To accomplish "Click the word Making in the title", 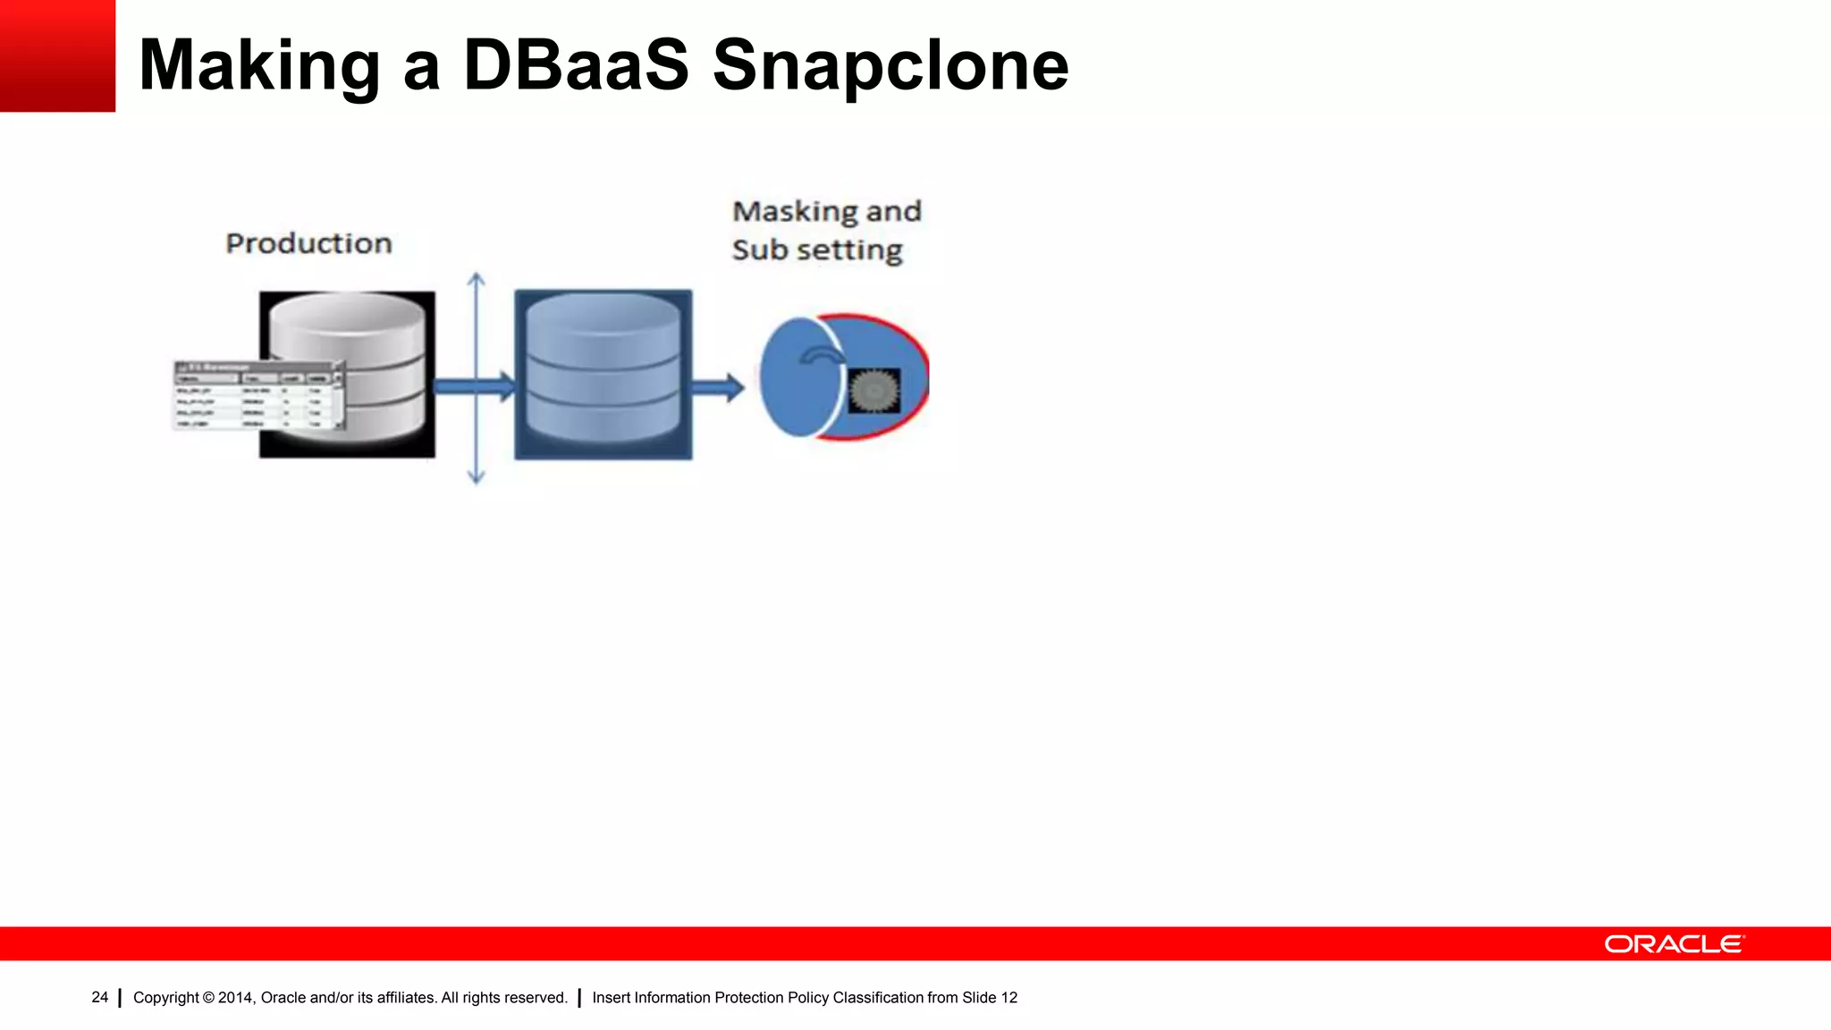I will (259, 66).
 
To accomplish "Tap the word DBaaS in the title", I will (576, 66).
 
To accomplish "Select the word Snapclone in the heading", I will (890, 66).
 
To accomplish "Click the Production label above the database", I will (308, 243).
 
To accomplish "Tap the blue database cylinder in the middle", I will (603, 372).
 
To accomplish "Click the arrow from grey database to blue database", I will (474, 386).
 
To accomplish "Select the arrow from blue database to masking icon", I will (717, 387).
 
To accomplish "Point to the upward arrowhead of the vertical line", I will (477, 279).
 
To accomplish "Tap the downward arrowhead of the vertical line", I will (477, 478).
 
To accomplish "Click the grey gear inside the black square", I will (873, 391).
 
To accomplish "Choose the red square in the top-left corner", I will (57, 55).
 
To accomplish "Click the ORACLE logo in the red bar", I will (1673, 944).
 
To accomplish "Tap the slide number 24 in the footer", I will (99, 997).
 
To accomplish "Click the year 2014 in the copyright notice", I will (236, 997).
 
